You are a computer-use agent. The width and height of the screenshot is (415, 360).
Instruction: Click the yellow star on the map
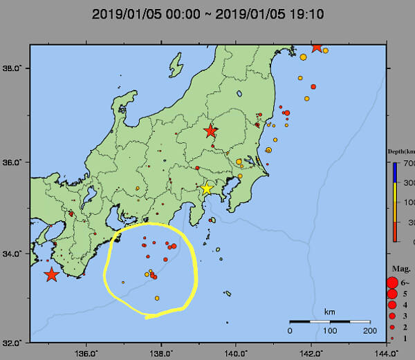206,189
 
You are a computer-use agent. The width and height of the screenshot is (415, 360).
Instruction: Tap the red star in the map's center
210,131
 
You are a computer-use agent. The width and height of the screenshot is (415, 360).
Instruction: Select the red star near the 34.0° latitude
51,274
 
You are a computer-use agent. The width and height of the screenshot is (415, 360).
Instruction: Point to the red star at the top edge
317,47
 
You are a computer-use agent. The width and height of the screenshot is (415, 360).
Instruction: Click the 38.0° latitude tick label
13,68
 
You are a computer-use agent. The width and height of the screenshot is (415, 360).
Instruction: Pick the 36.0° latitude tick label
13,162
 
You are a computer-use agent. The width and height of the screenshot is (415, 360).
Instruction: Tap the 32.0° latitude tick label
13,342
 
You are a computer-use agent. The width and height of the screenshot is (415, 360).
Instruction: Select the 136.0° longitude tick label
86,352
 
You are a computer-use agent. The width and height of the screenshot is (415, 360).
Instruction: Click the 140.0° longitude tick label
236,352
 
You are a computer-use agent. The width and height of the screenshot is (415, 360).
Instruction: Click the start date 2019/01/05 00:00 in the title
145,13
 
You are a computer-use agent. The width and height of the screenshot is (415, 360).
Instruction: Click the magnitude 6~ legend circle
392,282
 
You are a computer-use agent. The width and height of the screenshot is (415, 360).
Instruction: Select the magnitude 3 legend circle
392,316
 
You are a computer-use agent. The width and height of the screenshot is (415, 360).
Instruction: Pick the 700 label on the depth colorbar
409,163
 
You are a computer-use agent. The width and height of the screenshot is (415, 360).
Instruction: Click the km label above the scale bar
329,312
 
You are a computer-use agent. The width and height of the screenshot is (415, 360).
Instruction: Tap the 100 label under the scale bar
329,330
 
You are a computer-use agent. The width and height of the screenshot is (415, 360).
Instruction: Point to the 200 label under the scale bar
369,330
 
